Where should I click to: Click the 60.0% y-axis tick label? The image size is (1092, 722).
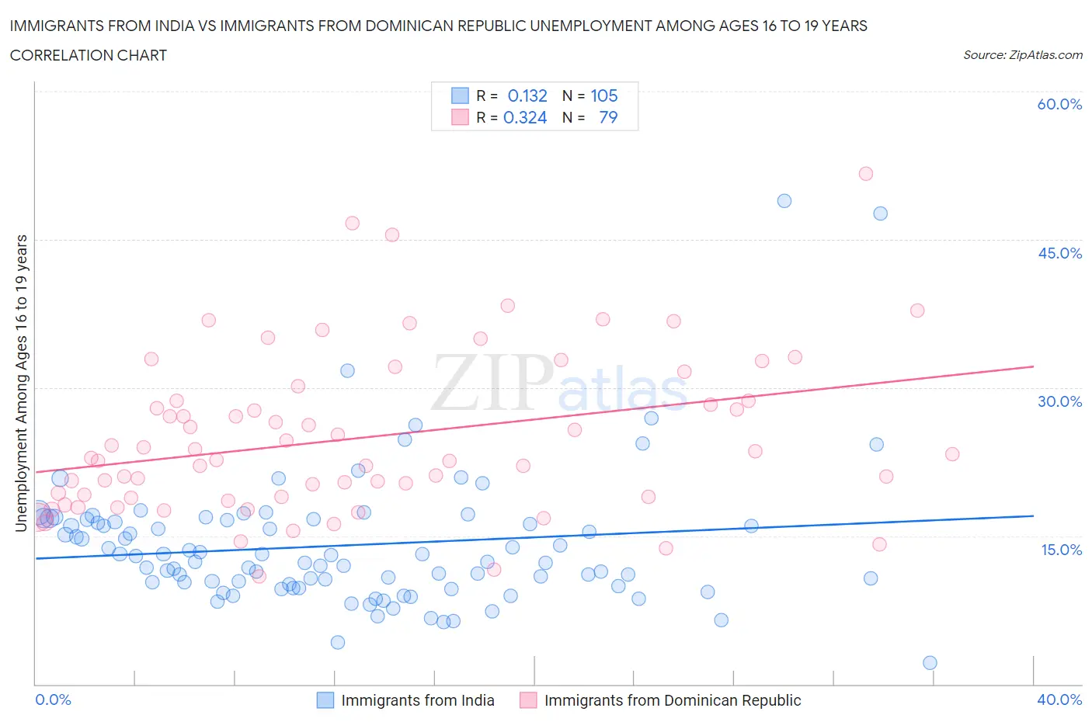[1059, 105]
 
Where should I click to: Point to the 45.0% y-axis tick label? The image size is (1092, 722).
[1059, 253]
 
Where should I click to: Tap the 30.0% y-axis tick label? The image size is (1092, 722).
[1059, 401]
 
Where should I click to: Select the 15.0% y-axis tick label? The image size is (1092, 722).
[1059, 550]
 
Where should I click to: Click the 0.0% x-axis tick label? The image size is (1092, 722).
[53, 699]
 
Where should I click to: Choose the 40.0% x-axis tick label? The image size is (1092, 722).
[1059, 699]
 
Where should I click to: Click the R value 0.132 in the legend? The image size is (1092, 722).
[527, 95]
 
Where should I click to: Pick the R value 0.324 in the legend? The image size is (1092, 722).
[525, 117]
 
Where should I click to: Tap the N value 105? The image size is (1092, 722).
[604, 95]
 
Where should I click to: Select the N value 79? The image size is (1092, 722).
[608, 117]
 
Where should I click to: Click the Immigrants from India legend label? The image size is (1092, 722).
[418, 700]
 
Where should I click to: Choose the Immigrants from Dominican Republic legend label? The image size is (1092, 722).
[673, 700]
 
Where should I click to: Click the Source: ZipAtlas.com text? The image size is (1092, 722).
[1023, 55]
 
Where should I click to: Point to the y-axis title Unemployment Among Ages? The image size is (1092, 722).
[22, 383]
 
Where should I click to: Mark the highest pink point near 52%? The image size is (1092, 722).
[866, 174]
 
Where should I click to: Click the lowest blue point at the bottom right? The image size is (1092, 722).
[930, 663]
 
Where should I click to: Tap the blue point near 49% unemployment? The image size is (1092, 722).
[784, 201]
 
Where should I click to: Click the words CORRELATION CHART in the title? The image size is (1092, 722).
[89, 55]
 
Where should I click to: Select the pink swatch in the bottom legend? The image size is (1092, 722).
[528, 700]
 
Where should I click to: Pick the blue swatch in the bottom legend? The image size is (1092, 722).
[325, 700]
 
